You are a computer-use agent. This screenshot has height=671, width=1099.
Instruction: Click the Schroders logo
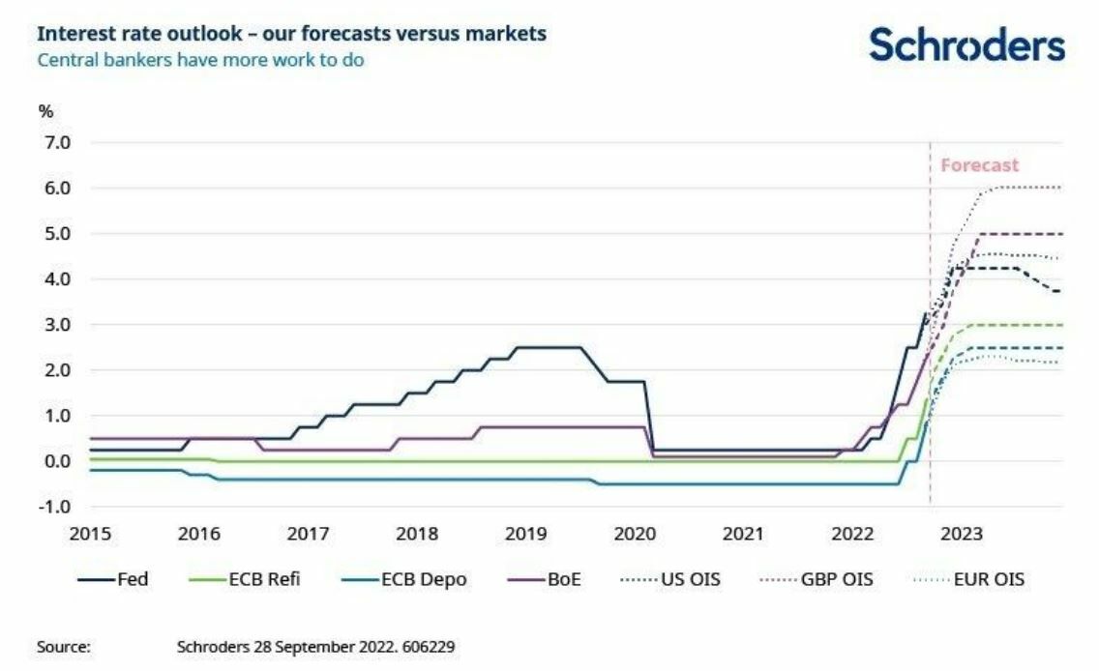point(966,44)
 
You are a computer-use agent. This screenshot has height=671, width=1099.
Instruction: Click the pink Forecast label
point(979,165)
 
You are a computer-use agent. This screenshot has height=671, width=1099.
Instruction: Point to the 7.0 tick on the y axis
point(53,143)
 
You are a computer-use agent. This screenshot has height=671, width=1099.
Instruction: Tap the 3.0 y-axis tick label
point(53,325)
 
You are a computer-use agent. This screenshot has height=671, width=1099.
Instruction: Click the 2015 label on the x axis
point(91,534)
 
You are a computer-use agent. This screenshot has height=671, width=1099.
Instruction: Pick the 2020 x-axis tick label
point(636,534)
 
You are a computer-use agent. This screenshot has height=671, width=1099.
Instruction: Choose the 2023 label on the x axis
point(962,534)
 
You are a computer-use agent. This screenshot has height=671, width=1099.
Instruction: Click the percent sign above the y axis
point(45,111)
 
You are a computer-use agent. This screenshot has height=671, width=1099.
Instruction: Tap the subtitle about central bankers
point(200,60)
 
